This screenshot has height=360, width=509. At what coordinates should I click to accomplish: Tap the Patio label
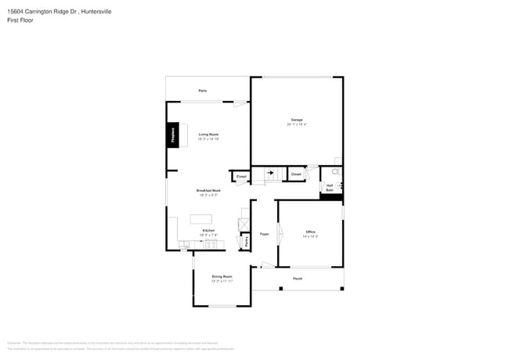[202, 91]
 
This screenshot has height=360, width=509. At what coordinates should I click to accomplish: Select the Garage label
[297, 120]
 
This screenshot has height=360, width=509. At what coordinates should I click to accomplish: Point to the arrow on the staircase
[271, 173]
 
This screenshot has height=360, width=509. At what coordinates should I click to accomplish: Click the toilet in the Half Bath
[337, 171]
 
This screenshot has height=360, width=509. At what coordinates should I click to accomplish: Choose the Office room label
[310, 232]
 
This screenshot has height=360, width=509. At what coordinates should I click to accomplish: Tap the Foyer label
[265, 233]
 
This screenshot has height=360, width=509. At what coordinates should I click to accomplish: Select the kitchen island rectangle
[201, 218]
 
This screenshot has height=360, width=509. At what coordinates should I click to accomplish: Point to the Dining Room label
[222, 276]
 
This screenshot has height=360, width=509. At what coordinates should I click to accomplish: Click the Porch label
[298, 279]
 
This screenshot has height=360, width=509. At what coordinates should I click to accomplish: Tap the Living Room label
[208, 135]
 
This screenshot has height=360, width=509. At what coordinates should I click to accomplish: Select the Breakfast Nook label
[208, 190]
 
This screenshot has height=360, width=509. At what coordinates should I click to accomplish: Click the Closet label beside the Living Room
[241, 177]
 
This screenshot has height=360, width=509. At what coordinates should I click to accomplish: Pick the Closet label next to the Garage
[296, 174]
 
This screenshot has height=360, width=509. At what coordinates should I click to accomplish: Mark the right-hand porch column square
[341, 288]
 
